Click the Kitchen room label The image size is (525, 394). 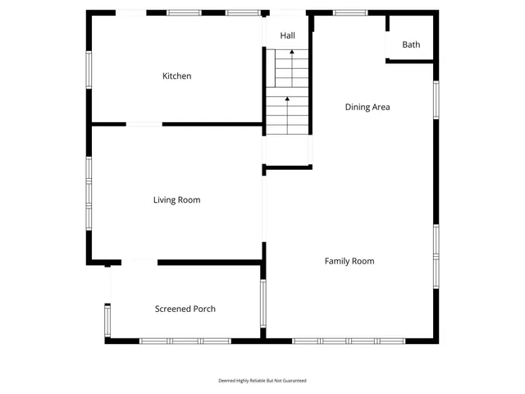(x=176, y=76)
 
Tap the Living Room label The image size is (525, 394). (x=176, y=199)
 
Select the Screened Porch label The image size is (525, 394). (x=185, y=309)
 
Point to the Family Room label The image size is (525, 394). (x=349, y=261)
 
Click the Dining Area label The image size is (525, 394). (x=367, y=107)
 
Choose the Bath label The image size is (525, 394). (x=411, y=44)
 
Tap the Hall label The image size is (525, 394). (x=287, y=36)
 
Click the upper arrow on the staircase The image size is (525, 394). (x=290, y=54)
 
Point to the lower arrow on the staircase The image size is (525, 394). (x=287, y=101)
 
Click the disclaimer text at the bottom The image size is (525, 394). (x=262, y=381)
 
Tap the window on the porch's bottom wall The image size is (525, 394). (x=185, y=341)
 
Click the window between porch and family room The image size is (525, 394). (x=263, y=308)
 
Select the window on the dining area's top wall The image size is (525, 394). (x=350, y=12)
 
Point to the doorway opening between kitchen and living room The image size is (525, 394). (x=144, y=124)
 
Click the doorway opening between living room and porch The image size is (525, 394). (x=139, y=263)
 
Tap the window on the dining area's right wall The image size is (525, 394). (x=436, y=98)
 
